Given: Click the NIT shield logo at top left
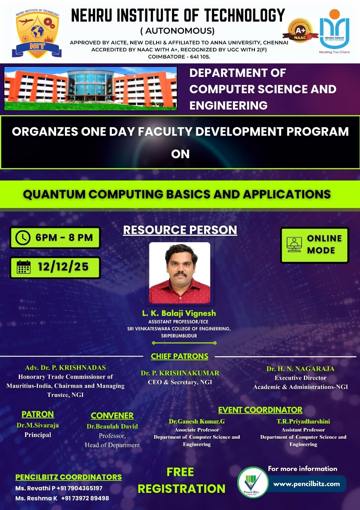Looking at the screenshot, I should tap(35, 33).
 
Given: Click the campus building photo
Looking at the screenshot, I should tap(90, 88).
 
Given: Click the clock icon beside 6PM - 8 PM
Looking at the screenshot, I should tap(23, 238).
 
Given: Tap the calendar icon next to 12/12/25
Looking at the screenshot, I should tap(23, 267).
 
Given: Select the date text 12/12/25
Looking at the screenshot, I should tap(63, 267).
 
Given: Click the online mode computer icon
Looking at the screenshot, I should tap(294, 245).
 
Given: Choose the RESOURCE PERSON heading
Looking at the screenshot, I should tap(180, 230).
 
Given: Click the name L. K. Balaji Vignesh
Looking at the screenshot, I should tap(179, 313).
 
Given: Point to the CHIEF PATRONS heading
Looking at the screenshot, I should tap(179, 356).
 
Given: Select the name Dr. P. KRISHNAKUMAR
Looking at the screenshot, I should tap(180, 373).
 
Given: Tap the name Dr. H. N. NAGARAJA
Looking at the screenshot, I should tap(300, 369).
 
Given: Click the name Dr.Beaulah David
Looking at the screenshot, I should tap(112, 426).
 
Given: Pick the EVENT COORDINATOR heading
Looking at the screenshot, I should tap(260, 410).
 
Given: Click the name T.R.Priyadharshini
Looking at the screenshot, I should tap(303, 421).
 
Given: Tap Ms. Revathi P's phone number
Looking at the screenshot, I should tap(80, 488).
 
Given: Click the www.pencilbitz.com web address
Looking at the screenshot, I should tap(306, 484).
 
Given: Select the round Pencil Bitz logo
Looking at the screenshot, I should tap(252, 482).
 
